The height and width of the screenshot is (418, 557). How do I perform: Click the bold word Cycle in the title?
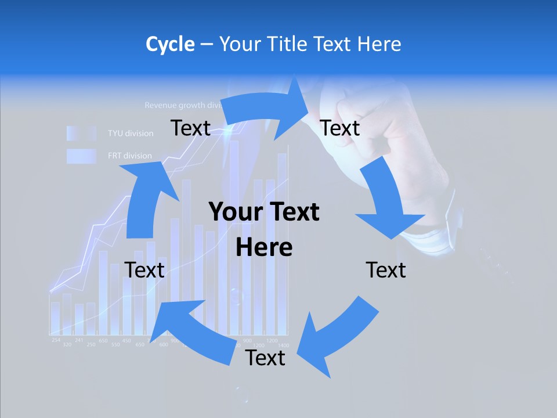170,44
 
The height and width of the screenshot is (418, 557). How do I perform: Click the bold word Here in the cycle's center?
264,248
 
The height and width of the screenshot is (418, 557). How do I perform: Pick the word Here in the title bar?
379,44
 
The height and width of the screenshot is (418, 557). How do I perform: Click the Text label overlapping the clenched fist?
340,128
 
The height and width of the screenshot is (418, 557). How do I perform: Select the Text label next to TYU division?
190,128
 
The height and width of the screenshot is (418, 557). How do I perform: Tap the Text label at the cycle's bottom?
265,358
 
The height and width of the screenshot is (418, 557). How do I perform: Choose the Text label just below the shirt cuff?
386,270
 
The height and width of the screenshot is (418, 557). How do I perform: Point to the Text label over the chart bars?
144,270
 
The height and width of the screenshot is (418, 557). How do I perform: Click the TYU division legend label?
131,134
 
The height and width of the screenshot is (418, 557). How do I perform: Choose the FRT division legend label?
129,156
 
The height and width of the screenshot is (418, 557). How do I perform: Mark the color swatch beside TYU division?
81,134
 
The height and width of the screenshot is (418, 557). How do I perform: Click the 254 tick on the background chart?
56,340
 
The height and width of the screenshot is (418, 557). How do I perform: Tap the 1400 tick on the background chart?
284,345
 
